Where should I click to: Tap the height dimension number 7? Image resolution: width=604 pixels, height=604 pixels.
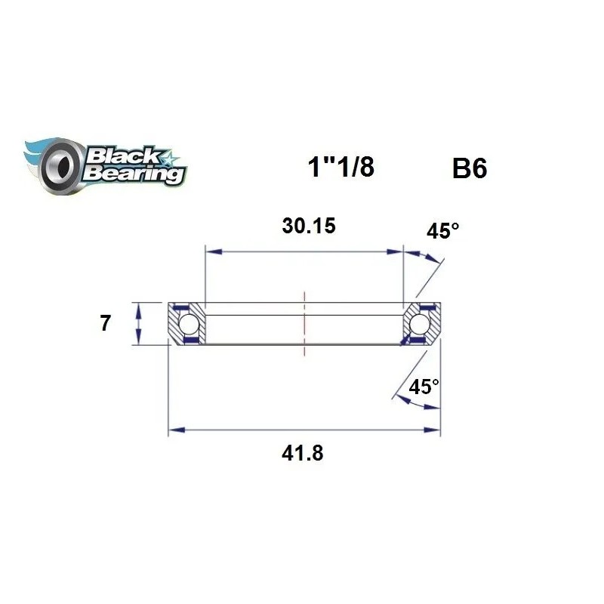105,324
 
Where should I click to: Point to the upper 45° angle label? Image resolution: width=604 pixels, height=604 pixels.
442,231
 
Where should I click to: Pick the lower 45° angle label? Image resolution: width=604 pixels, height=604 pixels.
424,387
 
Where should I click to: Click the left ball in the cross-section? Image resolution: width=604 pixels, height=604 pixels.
189,324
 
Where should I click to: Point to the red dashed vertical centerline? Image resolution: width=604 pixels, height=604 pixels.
304,323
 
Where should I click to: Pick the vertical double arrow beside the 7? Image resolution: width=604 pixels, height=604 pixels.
138,324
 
